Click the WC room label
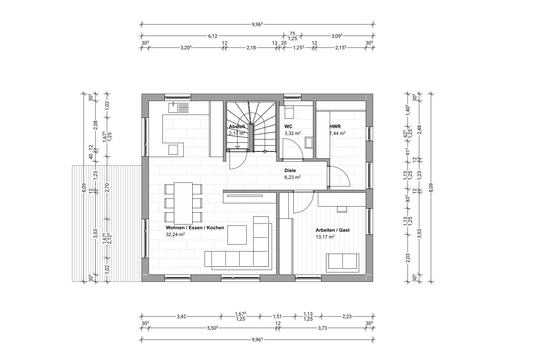(x=288, y=126)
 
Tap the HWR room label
(x=335, y=126)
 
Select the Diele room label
(x=290, y=171)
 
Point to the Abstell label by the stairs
(x=237, y=126)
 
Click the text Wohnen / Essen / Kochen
(x=195, y=227)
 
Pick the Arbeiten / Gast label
(x=333, y=230)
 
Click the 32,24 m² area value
(x=175, y=234)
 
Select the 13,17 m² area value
(x=325, y=237)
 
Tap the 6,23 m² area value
(x=292, y=177)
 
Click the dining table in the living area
(x=183, y=203)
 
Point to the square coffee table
(x=237, y=235)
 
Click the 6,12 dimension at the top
(x=213, y=36)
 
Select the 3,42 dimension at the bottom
(x=181, y=316)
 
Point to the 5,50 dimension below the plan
(x=213, y=328)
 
